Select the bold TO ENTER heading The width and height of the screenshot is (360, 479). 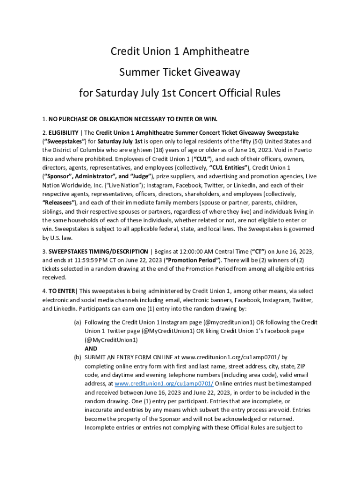(x=62, y=291)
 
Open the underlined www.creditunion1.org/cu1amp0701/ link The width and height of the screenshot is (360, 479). (x=164, y=384)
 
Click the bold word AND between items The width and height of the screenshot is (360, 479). (x=91, y=348)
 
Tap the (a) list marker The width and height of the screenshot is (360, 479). (x=78, y=322)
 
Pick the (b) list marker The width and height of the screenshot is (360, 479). (x=78, y=357)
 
